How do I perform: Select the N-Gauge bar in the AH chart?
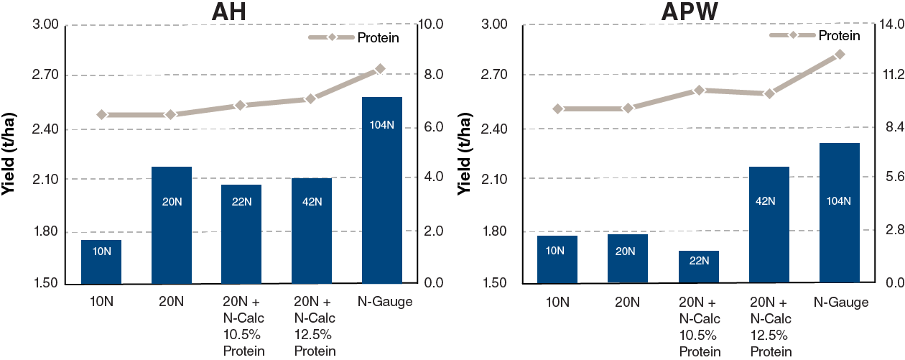pos(382,190)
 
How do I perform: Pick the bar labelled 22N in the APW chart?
pos(698,267)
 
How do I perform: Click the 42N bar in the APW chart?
pos(769,225)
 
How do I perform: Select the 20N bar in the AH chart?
pos(171,225)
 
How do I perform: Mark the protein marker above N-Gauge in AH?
pos(381,69)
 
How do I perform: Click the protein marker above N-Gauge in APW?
pos(839,55)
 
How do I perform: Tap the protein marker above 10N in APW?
pos(557,109)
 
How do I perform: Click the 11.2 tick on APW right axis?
pos(888,75)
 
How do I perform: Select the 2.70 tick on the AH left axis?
pos(47,75)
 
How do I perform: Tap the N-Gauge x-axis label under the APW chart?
pos(841,303)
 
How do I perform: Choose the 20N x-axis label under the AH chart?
pos(171,303)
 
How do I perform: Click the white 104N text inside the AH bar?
pos(382,125)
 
